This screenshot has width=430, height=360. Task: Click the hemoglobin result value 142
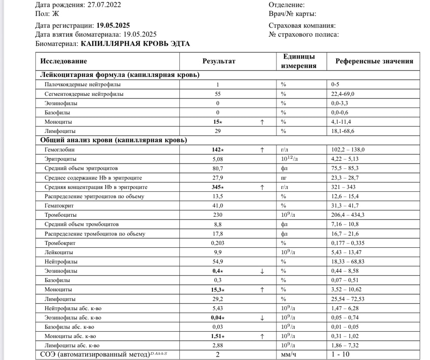click(x=217, y=150)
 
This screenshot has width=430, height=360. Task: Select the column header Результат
click(x=219, y=61)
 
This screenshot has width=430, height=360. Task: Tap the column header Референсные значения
click(x=374, y=61)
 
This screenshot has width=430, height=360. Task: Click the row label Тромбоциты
click(x=61, y=215)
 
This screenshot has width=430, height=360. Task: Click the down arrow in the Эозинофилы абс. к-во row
click(x=262, y=318)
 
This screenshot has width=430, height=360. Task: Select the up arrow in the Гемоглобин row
click(x=262, y=150)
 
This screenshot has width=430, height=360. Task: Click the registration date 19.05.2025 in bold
click(x=113, y=25)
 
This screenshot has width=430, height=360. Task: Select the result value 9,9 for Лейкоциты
click(x=218, y=252)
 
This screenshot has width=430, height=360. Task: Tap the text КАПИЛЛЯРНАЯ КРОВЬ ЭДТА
click(x=135, y=44)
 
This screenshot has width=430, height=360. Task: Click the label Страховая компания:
click(x=302, y=25)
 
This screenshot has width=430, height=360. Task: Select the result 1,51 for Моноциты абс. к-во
click(x=217, y=336)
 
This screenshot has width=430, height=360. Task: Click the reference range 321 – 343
click(x=343, y=187)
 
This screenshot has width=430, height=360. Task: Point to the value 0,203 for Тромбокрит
click(x=218, y=243)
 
